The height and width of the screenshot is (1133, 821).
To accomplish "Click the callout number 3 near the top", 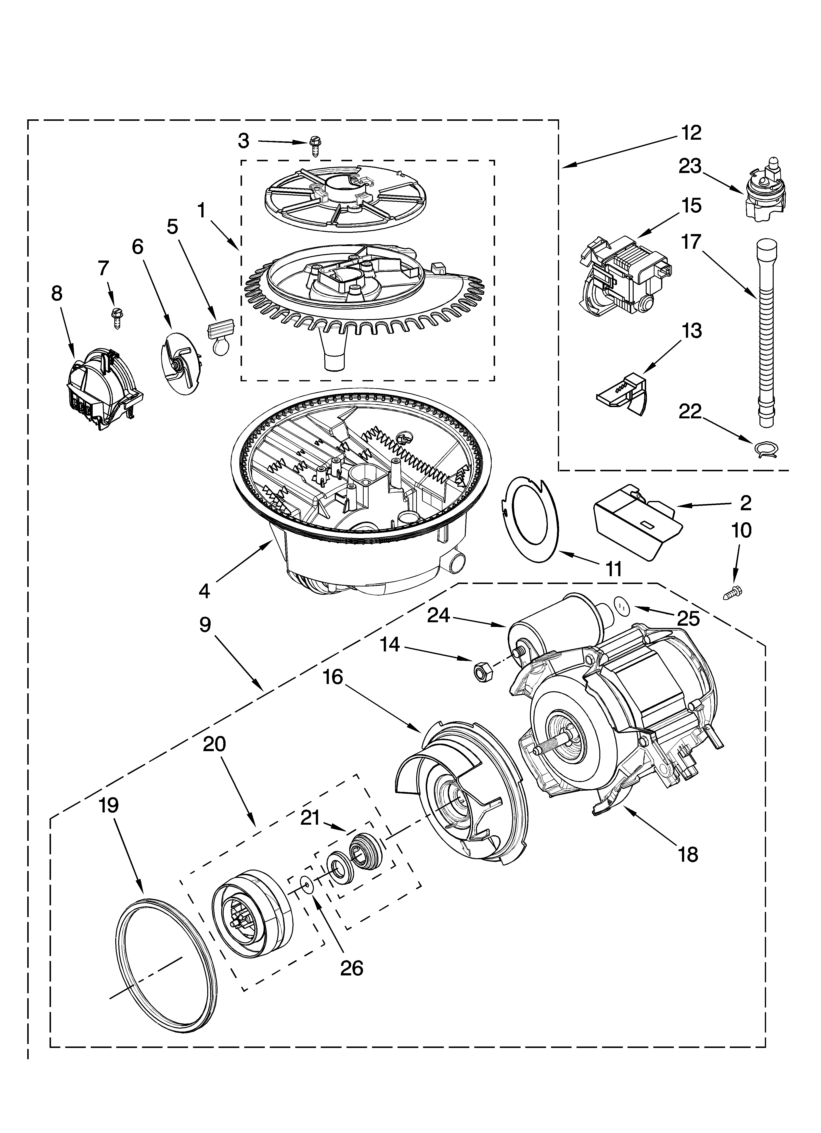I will [x=244, y=141].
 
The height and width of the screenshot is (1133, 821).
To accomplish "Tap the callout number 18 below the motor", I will [x=689, y=854].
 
